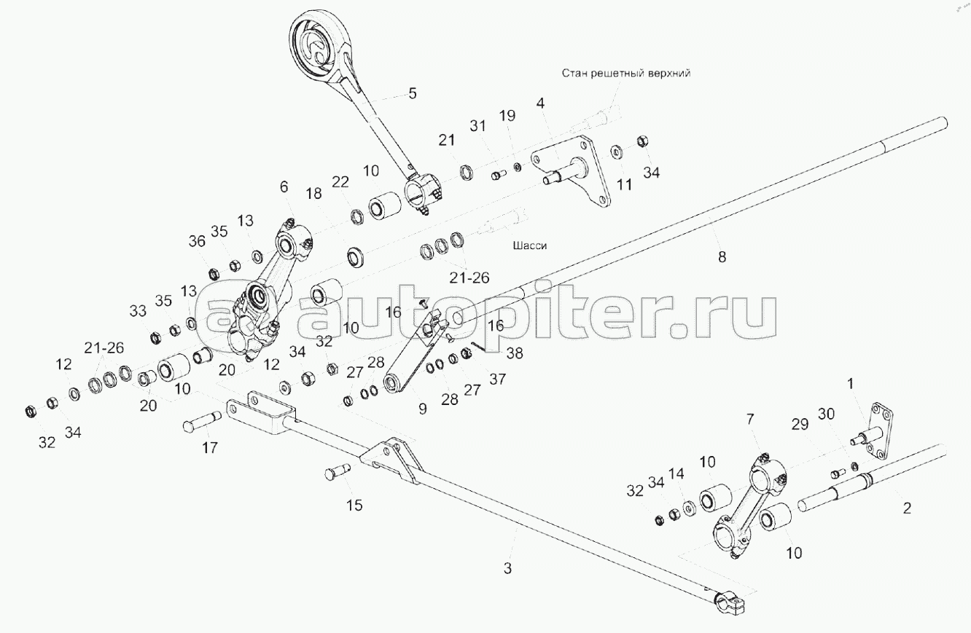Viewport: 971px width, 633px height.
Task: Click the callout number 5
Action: [x=412, y=93]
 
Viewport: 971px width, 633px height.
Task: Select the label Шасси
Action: [x=530, y=245]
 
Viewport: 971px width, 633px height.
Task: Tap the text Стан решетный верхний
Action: [x=625, y=74]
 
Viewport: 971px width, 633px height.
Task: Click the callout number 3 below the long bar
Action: [x=508, y=567]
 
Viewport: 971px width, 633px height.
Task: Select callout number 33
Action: [x=138, y=311]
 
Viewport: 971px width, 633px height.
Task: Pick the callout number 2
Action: [x=907, y=508]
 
